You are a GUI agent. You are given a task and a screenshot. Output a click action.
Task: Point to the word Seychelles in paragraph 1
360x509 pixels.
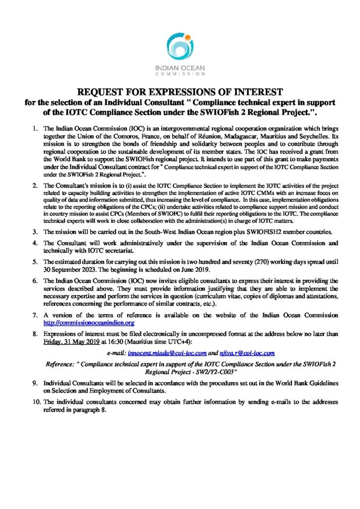(323, 135)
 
